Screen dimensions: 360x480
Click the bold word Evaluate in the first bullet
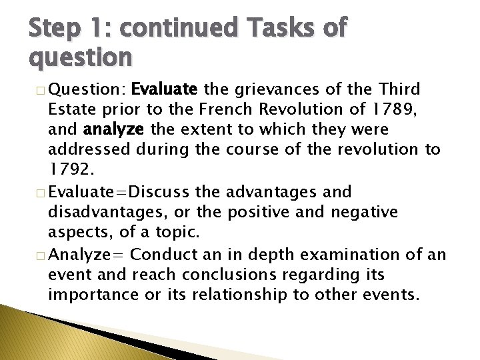(x=164, y=89)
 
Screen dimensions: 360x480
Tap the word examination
(x=356, y=255)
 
